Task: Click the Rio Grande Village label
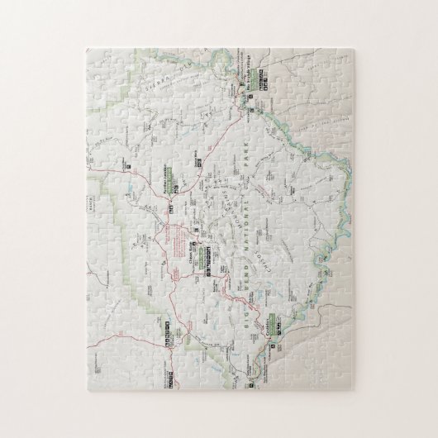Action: click(259, 64)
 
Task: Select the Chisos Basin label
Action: click(198, 242)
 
